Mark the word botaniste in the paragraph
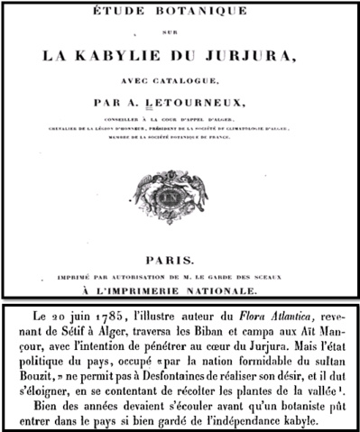[282, 415]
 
